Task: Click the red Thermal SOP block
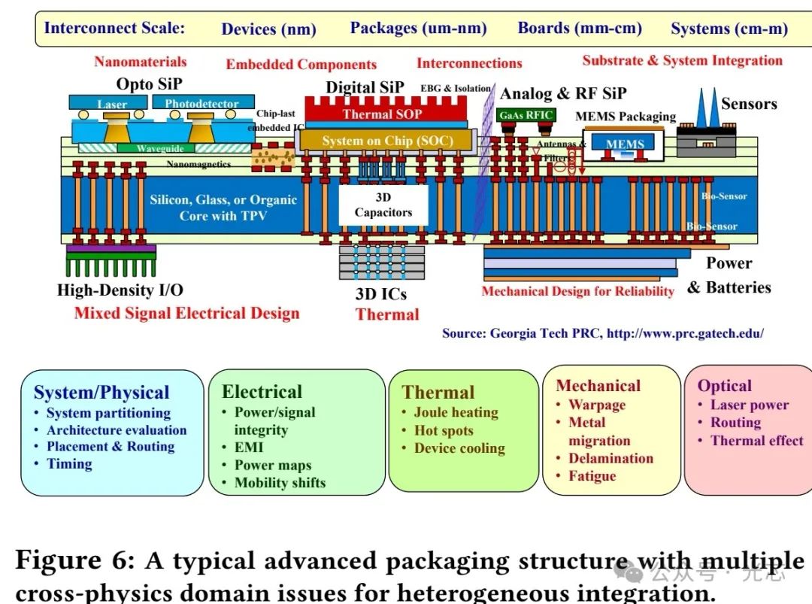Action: pyautogui.click(x=382, y=114)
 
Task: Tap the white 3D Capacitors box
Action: pyautogui.click(x=383, y=205)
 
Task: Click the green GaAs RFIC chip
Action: pyautogui.click(x=526, y=115)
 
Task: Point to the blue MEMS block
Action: pyautogui.click(x=625, y=144)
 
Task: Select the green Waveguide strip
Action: pyautogui.click(x=160, y=149)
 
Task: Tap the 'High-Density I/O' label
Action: pyautogui.click(x=120, y=290)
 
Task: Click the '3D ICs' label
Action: pyautogui.click(x=380, y=294)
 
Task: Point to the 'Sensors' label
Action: pyautogui.click(x=749, y=104)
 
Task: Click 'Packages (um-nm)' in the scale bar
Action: pyautogui.click(x=418, y=29)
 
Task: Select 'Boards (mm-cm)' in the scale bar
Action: pyautogui.click(x=580, y=29)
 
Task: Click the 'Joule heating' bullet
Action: pyautogui.click(x=456, y=412)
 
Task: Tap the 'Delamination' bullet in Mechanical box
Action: pyautogui.click(x=611, y=458)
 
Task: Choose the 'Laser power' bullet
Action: pyautogui.click(x=749, y=405)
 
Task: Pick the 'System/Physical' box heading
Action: pyautogui.click(x=101, y=393)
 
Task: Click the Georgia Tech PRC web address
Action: pyautogui.click(x=685, y=332)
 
